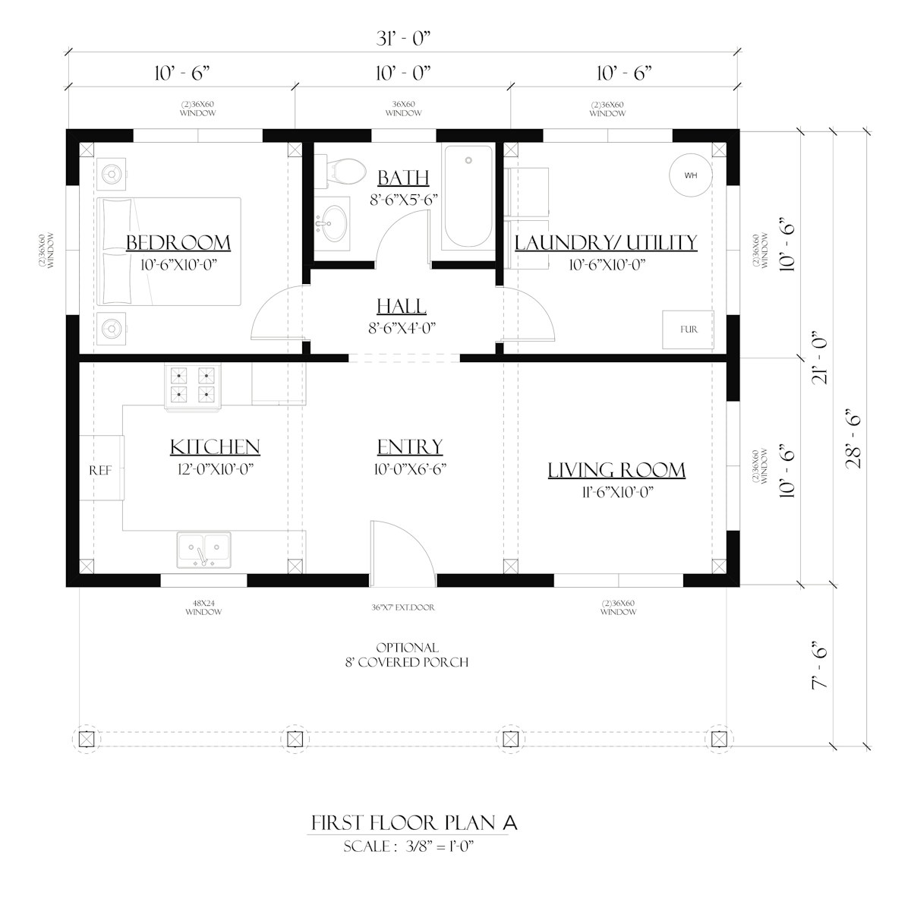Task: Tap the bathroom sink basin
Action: (x=333, y=222)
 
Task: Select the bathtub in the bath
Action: (x=468, y=197)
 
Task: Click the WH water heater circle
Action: (x=691, y=175)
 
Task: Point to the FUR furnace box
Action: (x=688, y=330)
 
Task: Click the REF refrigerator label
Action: (x=100, y=470)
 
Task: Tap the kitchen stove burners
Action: (x=192, y=385)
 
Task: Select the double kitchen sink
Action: (x=203, y=550)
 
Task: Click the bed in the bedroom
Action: (x=169, y=251)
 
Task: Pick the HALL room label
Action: (x=402, y=306)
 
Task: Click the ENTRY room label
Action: (x=410, y=446)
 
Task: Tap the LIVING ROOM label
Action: (x=616, y=470)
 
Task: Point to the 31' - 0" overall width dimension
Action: (x=403, y=39)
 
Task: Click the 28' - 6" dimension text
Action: (x=855, y=438)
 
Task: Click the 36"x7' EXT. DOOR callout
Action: (x=403, y=607)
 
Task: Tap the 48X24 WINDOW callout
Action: (x=203, y=607)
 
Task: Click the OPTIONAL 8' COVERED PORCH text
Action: (x=407, y=654)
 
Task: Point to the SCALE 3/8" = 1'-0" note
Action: (x=408, y=846)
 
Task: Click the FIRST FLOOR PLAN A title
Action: (x=415, y=823)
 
